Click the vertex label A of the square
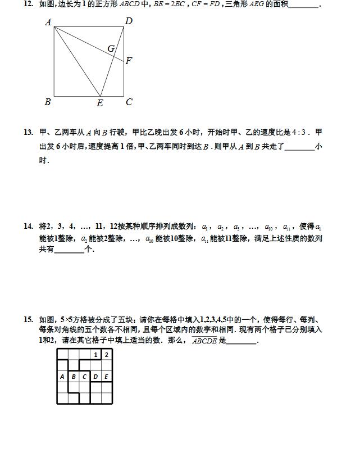point(48,22)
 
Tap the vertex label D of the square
point(129,21)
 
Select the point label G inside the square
point(111,49)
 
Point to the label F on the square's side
point(129,61)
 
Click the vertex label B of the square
point(48,102)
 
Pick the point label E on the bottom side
point(100,103)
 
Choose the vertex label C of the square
point(129,102)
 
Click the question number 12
point(28,4)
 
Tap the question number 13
point(28,133)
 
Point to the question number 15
point(28,319)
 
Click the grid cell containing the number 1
point(96,355)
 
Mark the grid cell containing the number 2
point(107,355)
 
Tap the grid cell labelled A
point(62,377)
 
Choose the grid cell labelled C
point(85,377)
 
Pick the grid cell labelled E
point(107,377)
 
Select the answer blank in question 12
point(303,6)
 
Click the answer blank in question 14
point(69,250)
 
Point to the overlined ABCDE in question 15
point(204,341)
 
